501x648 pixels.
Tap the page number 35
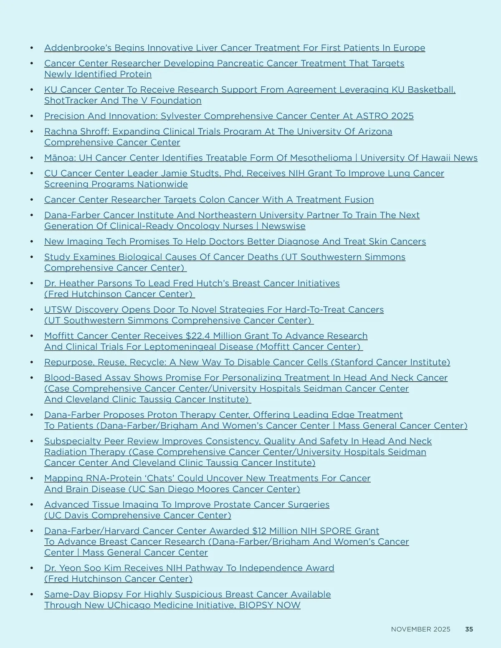tap(469, 629)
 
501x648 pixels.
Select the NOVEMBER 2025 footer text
tap(420, 629)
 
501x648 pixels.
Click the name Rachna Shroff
tap(76, 131)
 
